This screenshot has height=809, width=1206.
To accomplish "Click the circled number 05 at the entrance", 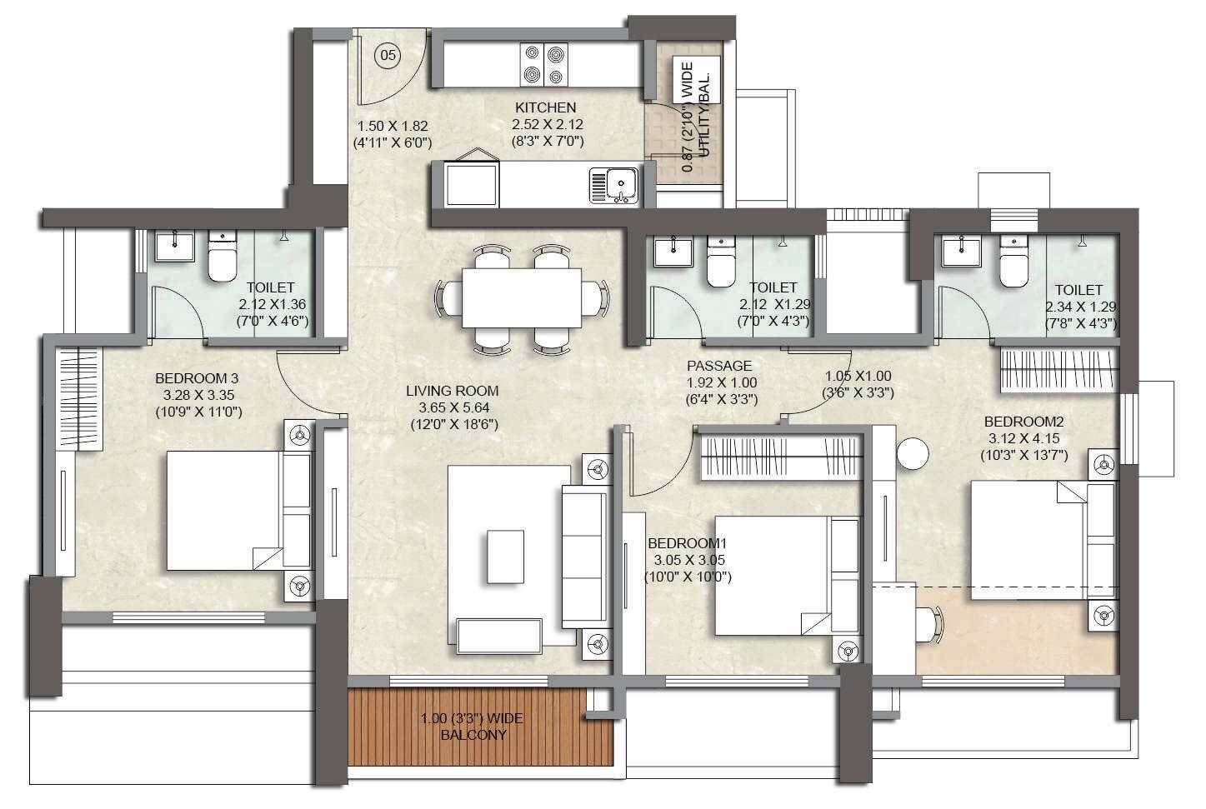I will click(388, 56).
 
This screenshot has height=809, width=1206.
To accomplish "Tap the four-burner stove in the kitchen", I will click(543, 64).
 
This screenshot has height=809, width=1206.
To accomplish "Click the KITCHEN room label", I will click(545, 107).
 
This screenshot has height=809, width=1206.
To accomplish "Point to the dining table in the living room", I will click(522, 297).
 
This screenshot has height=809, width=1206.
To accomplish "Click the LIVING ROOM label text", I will click(453, 391).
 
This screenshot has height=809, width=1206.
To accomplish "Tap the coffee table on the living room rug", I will click(506, 557).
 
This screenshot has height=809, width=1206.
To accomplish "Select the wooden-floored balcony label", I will click(473, 727).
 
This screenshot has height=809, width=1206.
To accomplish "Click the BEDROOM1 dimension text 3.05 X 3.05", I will click(688, 560).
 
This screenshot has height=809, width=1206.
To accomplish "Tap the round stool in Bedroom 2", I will click(913, 454).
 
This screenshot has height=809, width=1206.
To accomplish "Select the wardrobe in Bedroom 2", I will click(1058, 370).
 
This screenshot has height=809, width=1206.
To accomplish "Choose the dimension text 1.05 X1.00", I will click(858, 377).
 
